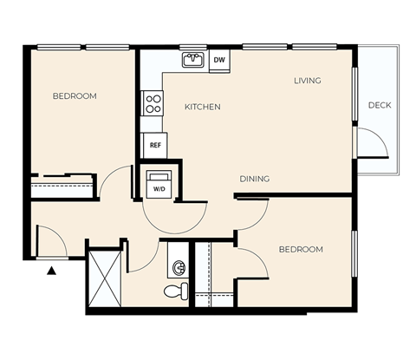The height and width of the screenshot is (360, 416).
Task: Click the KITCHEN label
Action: pos(202,107)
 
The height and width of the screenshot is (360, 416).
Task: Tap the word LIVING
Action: pos(307,81)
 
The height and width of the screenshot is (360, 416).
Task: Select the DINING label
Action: pos(254,179)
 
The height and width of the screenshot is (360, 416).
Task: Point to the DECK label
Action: pos(379,105)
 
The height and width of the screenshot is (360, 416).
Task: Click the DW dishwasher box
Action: pos(219,60)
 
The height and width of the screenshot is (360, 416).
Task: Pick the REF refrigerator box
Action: pos(155,146)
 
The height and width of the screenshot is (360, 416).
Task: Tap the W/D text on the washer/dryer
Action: pos(159,187)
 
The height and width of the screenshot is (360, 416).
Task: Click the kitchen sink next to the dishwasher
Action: pos(192,60)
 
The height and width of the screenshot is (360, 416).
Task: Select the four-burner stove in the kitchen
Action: pos(153,104)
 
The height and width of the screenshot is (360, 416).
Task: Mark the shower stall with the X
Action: pos(105,277)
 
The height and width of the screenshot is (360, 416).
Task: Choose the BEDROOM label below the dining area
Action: pos(300,249)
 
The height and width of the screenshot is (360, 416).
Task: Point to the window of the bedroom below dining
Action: pos(354,253)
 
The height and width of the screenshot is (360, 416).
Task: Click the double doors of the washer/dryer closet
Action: pos(175,213)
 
